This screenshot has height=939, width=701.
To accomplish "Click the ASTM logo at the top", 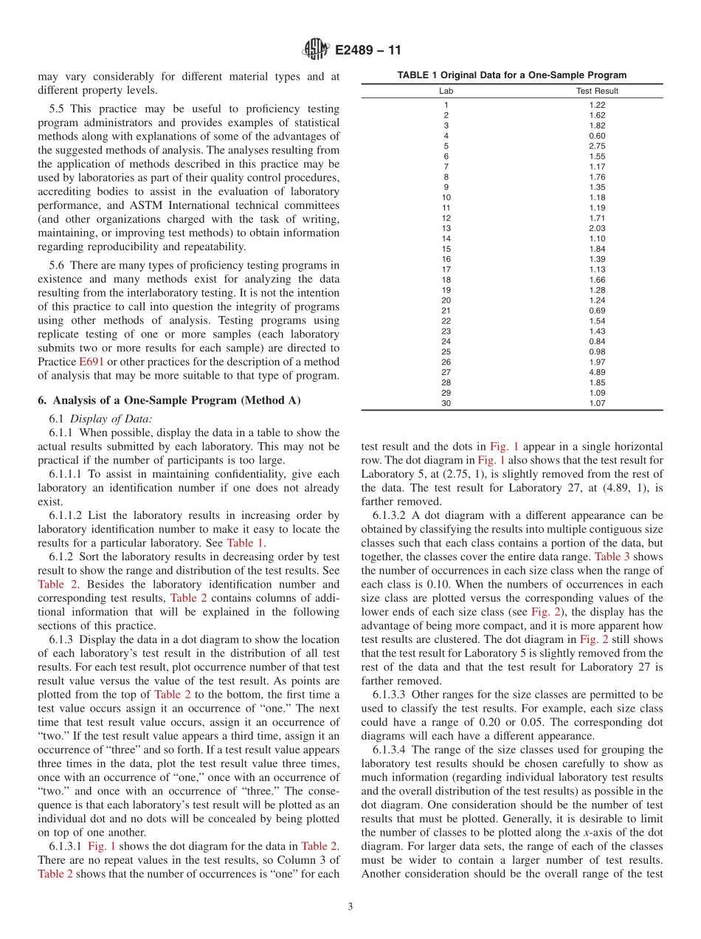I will click(316, 50).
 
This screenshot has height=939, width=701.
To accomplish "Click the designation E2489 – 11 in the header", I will click(367, 51).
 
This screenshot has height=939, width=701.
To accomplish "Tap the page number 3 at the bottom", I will click(350, 907).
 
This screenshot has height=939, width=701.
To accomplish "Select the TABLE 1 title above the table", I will click(511, 75).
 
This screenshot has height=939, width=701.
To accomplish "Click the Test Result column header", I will click(597, 92).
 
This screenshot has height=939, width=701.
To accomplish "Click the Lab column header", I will click(446, 92).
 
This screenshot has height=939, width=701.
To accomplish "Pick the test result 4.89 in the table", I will click(597, 373).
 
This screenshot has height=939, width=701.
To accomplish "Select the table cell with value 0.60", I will click(597, 136).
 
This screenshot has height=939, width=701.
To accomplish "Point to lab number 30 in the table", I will click(446, 404).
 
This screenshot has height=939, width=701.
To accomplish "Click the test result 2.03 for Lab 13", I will click(597, 229).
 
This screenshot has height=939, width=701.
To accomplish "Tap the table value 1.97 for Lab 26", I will click(597, 362).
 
